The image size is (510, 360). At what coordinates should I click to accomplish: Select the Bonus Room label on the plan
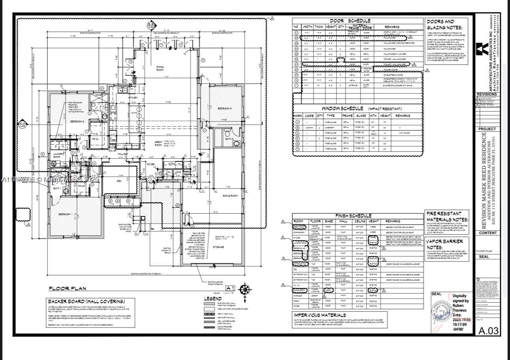[x=230, y=196]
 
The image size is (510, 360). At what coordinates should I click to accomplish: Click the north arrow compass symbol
[x=245, y=289]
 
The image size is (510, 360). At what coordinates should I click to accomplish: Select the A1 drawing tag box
[x=230, y=288]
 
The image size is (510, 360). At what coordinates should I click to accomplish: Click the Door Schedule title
[x=350, y=21]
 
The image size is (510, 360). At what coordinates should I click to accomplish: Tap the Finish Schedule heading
[x=353, y=216]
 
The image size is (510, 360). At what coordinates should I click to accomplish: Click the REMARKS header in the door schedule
[x=391, y=27]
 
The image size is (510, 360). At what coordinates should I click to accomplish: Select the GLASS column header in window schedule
[x=361, y=116]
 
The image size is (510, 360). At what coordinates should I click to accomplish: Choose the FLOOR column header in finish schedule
[x=315, y=221]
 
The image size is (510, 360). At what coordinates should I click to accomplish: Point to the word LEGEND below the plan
[x=213, y=299]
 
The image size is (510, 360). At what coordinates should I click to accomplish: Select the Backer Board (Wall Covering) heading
[x=86, y=301]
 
